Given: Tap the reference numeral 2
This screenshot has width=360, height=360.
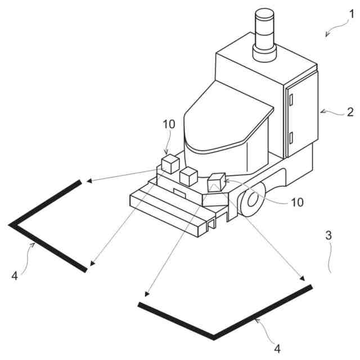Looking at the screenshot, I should click(x=350, y=111).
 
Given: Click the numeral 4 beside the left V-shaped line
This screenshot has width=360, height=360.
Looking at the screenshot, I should click(x=15, y=276).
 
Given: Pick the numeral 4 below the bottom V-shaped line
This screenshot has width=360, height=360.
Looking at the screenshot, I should click(x=278, y=349).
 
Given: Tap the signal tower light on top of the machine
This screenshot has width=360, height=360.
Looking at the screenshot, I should click(x=264, y=34).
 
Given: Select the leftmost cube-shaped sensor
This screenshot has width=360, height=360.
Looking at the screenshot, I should click(x=169, y=165).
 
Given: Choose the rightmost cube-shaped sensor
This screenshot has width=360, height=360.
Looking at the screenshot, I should click(x=217, y=183).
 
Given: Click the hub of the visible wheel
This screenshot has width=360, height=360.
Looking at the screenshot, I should click(x=251, y=200).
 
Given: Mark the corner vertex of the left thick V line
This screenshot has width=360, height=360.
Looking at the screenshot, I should click(x=11, y=224).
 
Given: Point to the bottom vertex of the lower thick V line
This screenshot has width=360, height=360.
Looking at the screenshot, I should click(x=214, y=337).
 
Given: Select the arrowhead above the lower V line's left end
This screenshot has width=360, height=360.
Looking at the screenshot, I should click(x=146, y=294).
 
